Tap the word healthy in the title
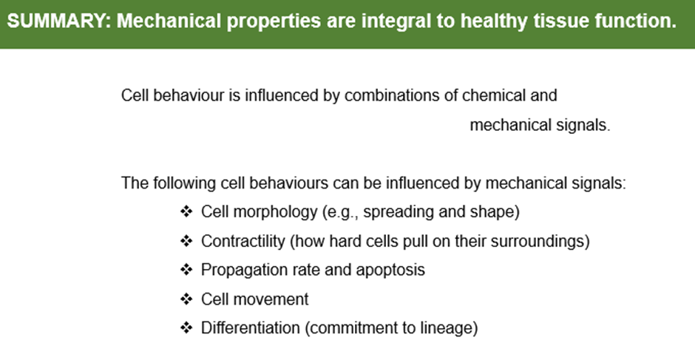pos(493,21)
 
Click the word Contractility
pos(243,241)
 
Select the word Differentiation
pos(251,328)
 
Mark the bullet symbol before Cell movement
pos(186,299)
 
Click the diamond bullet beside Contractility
pos(186,241)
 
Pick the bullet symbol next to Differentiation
pos(186,328)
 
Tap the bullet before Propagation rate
pos(186,270)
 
